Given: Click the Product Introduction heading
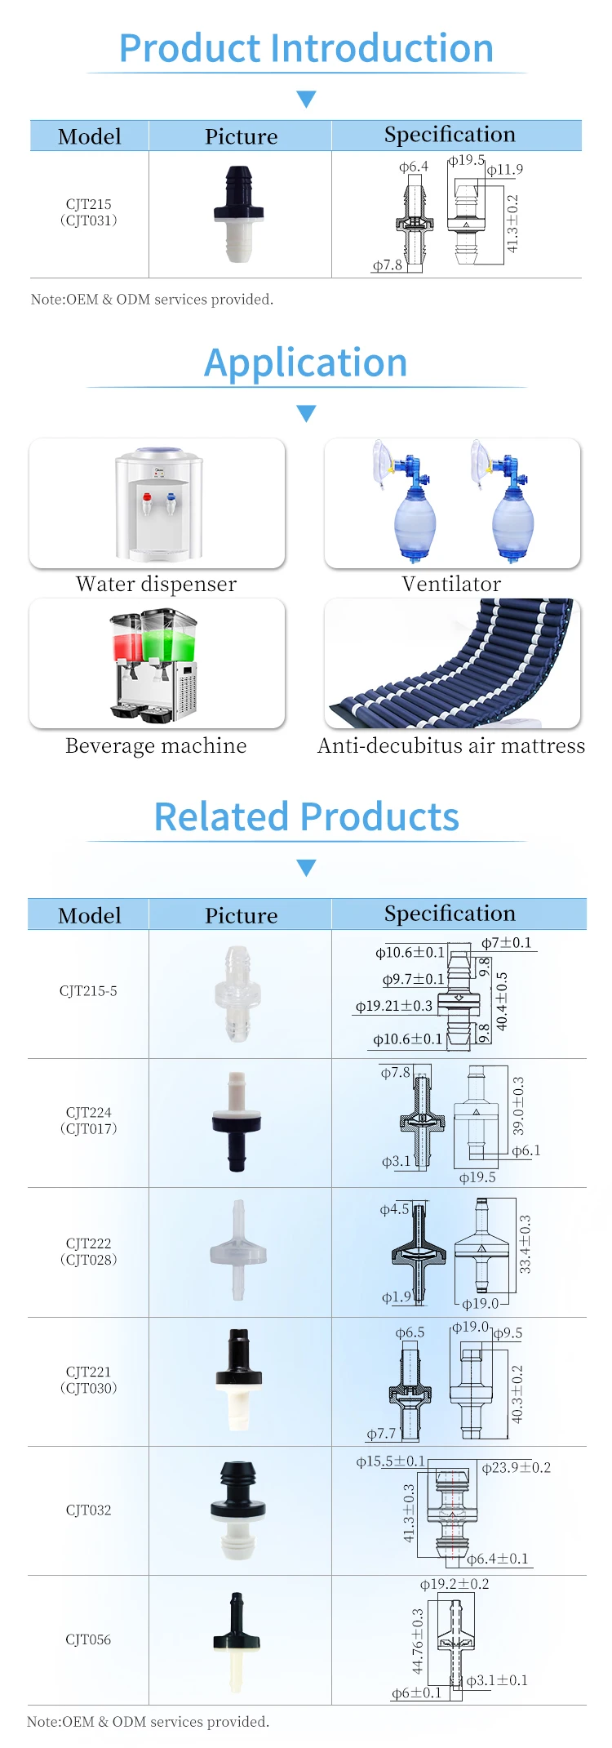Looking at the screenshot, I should coord(306,48).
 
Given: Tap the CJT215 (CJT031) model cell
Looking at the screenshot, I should coord(89,212).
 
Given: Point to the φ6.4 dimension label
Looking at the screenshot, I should coord(413,167).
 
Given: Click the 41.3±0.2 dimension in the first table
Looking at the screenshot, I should coord(512,223).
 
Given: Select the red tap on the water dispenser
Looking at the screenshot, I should coord(147,497).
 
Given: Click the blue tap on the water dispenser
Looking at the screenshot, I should coord(171,496).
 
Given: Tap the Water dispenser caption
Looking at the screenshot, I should coord(156,584).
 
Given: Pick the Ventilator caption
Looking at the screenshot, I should coord(451,584).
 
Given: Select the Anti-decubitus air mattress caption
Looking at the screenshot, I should coord(451,745).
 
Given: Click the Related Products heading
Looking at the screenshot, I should coord(306,816).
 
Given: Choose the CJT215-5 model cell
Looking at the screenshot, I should coord(88,991).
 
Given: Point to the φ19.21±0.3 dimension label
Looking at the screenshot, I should coord(394,1006).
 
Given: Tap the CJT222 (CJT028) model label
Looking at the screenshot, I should coord(89,1252).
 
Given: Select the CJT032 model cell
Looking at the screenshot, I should coord(88,1510).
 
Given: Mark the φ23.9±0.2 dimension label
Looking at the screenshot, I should coord(516,1468).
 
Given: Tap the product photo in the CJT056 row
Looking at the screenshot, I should coord(237,1641).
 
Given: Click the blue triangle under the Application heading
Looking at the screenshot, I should coord(306,413).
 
